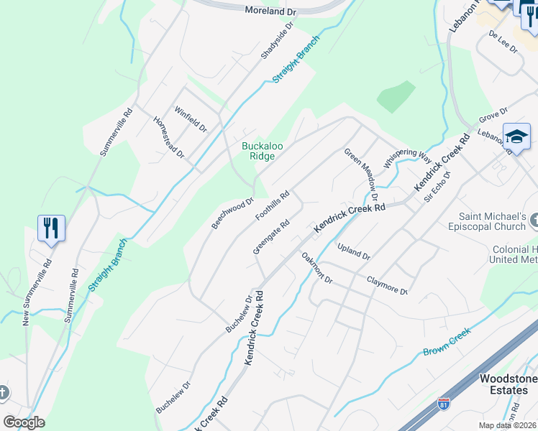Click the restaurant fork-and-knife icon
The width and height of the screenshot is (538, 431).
coord(51,229)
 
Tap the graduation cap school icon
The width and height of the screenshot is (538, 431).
coord(516,137)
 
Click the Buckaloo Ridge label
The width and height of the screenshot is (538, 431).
coord(262,151)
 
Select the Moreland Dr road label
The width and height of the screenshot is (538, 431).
coord(270,11)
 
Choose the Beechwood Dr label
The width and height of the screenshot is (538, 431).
coord(233,214)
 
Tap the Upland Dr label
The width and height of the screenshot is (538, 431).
coord(353,251)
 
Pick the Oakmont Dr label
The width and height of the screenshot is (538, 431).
coord(317,268)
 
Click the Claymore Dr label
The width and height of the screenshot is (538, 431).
coord(387,286)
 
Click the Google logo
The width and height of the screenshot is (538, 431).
coord(24,422)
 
